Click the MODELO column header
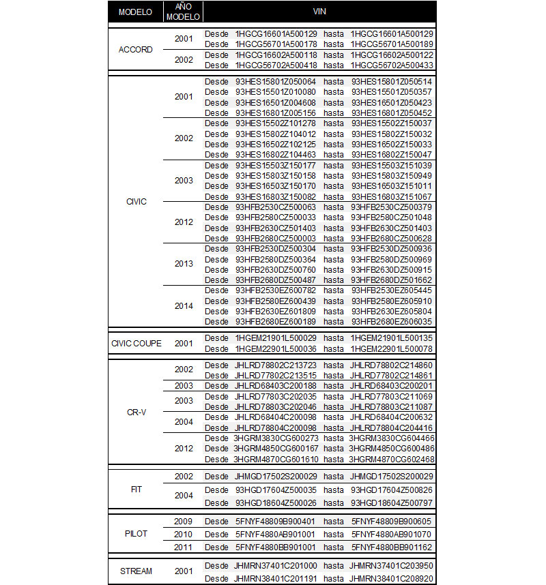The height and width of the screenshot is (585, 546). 135,12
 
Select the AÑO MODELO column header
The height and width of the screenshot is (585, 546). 183,12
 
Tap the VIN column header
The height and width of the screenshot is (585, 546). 319,12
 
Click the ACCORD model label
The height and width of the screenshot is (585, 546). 135,49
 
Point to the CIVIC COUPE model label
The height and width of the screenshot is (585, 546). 136,343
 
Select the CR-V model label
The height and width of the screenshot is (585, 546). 135,412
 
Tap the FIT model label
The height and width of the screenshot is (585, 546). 135,489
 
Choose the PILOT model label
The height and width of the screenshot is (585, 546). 135,533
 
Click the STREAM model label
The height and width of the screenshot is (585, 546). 135,571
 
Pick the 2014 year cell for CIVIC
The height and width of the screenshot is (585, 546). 184,306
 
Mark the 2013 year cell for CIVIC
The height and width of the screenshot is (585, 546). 184,265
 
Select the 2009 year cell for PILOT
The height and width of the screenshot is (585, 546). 184,521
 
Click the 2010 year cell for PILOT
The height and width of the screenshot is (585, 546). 184,534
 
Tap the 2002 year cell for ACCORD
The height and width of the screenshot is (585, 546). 184,60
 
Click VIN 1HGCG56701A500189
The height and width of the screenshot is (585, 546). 392,44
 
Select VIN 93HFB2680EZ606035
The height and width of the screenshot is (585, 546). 391,321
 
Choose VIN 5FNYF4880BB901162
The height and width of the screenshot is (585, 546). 392,547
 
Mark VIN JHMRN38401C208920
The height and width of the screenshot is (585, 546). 391,577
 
